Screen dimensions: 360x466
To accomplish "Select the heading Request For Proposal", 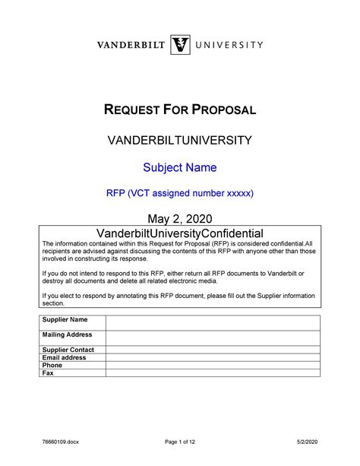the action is pos(179,110).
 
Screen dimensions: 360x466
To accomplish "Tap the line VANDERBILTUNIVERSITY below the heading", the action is pos(179,141).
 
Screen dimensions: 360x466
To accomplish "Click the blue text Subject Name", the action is pos(179,167).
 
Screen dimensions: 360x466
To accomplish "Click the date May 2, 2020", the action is pos(179,219).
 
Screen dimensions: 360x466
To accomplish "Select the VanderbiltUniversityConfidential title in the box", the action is pos(179,233).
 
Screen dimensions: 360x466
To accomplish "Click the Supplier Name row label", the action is pos(65,319).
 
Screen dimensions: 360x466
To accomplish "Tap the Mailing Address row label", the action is pos(68,334).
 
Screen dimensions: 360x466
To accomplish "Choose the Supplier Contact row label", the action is pos(68,350).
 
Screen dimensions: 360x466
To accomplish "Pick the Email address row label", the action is pos(65,357).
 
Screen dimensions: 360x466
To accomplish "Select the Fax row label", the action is pos(48,372).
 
